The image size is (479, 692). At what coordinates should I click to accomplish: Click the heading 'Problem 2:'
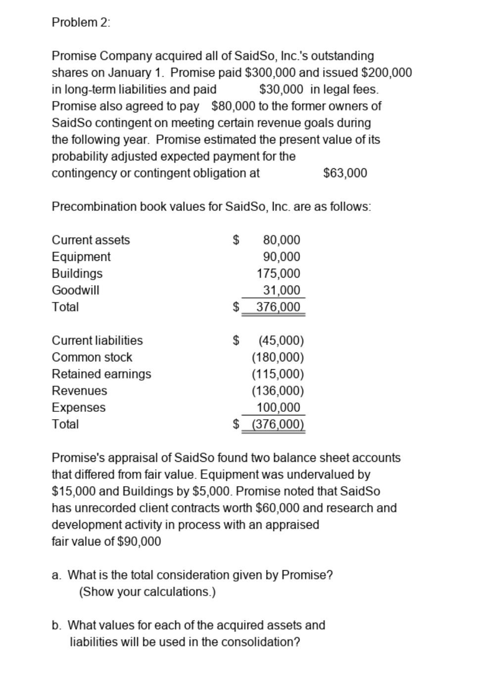81,22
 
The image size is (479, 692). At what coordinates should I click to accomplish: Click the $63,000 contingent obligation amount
345,173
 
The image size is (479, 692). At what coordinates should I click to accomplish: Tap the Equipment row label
81,256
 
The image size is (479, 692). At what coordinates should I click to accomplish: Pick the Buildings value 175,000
278,273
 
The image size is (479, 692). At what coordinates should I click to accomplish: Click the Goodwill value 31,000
281,290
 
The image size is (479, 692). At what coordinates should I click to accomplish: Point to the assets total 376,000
278,307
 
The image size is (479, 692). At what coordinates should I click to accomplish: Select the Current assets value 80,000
281,240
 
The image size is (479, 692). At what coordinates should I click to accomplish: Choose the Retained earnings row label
101,374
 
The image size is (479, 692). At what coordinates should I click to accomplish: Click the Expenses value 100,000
278,407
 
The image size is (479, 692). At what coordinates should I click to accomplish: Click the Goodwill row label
76,290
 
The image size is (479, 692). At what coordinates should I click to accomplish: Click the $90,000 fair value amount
140,541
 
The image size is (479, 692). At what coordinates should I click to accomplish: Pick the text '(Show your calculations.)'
147,592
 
